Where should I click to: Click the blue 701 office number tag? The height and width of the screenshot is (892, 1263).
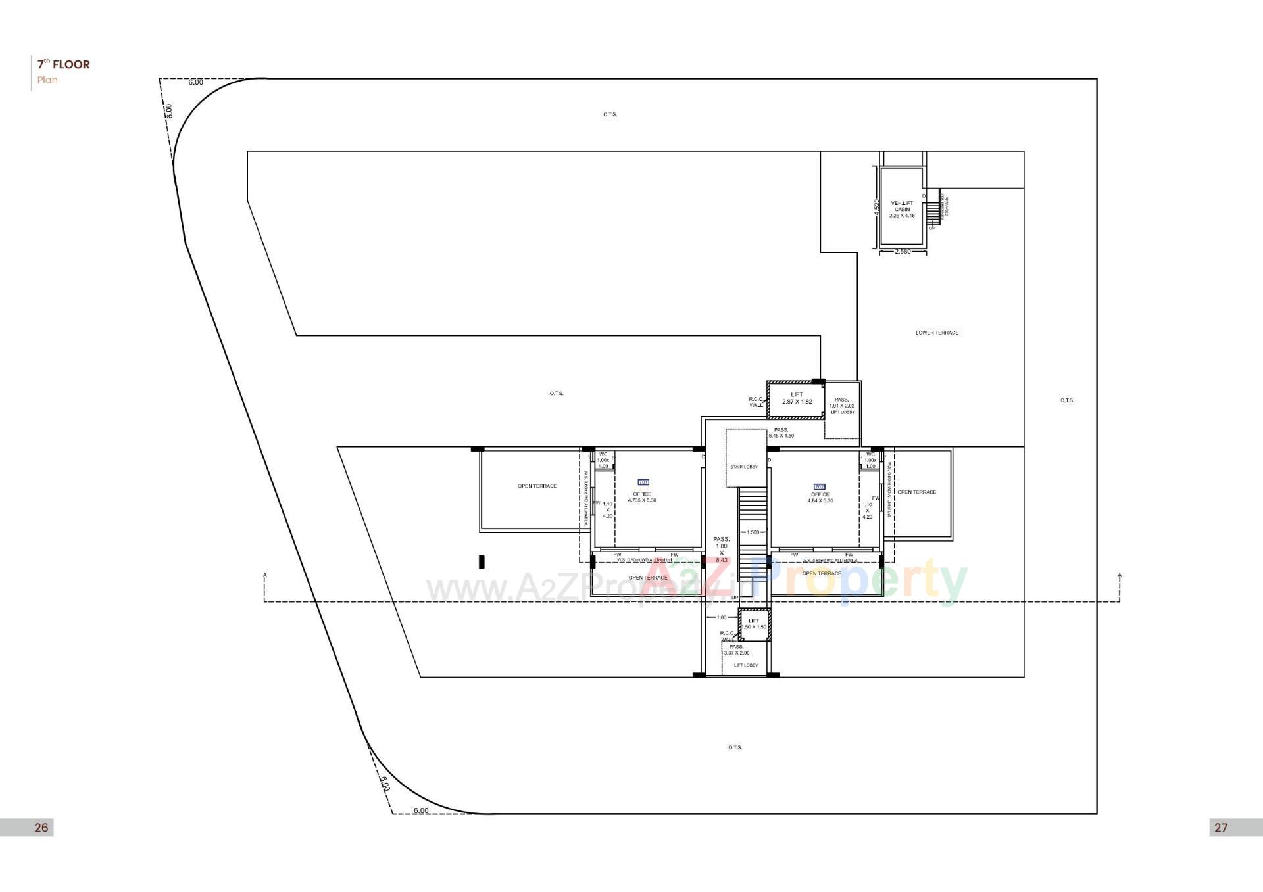tap(643, 482)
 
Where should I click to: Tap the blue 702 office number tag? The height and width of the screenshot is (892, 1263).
tap(820, 487)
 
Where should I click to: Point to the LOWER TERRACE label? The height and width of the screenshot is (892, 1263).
tap(937, 333)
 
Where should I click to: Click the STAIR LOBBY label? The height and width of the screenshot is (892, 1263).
tap(744, 467)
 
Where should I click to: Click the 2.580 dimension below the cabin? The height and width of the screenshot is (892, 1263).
tap(903, 252)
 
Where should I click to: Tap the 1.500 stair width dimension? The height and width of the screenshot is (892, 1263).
tap(753, 532)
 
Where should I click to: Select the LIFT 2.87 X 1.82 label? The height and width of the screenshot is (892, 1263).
tap(797, 398)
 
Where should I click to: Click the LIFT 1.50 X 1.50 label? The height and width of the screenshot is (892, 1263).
tap(754, 624)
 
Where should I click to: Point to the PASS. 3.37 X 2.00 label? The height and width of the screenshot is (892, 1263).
tap(736, 650)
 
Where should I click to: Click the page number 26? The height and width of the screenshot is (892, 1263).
tap(41, 828)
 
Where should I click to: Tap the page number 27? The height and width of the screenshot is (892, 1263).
tap(1221, 828)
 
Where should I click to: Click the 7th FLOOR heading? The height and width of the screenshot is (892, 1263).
tap(63, 64)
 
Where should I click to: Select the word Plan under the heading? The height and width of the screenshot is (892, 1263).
tap(47, 80)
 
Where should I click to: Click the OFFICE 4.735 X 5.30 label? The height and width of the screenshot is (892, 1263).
tap(642, 497)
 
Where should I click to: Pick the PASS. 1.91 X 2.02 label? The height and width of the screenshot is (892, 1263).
tap(841, 403)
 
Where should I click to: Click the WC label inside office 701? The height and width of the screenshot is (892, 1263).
tap(603, 454)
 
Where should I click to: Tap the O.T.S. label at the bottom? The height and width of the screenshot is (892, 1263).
tap(735, 747)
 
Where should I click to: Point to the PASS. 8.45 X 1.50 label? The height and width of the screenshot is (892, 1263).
tap(781, 433)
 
